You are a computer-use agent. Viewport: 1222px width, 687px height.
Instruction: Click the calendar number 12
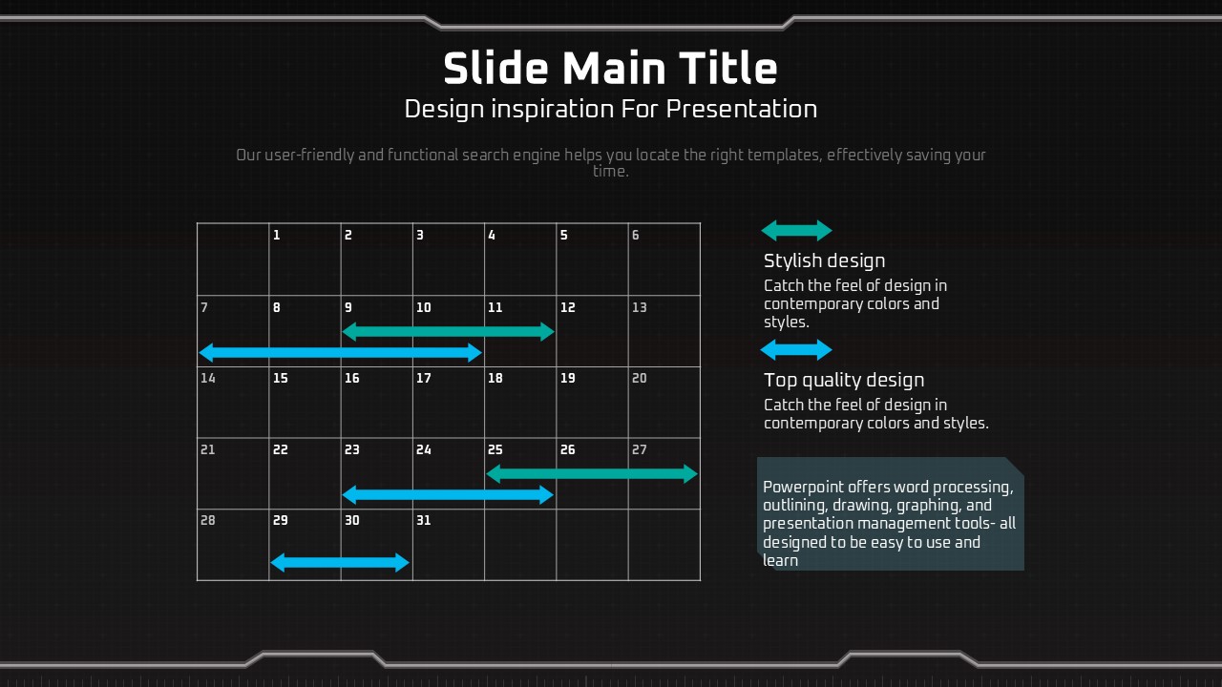point(567,307)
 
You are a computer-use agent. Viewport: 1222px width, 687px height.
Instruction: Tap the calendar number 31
point(423,520)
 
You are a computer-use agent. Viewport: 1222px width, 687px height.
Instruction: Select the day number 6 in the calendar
point(636,235)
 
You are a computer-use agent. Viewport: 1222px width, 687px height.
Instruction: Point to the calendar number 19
point(567,378)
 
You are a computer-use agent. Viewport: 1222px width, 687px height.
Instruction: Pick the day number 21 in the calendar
point(207,449)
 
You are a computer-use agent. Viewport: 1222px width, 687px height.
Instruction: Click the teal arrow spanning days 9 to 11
point(448,331)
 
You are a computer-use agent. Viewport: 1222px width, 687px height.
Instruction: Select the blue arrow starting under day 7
point(341,353)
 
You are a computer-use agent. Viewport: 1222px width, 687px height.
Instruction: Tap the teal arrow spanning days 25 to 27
point(592,474)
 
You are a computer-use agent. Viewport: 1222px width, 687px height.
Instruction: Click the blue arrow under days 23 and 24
point(448,495)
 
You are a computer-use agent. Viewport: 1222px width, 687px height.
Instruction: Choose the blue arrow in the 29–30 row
point(339,563)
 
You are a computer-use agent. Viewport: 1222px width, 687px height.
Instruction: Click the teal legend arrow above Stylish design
point(796,231)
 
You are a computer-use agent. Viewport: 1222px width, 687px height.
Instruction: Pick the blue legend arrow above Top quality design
point(796,350)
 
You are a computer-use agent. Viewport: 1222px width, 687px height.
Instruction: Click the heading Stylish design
point(824,261)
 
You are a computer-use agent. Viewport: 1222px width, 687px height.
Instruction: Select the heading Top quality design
point(844,381)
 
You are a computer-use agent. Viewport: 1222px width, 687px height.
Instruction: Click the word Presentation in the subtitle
point(742,109)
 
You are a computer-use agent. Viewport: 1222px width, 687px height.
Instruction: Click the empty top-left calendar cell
point(233,259)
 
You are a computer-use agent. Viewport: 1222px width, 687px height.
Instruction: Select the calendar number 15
point(280,378)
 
